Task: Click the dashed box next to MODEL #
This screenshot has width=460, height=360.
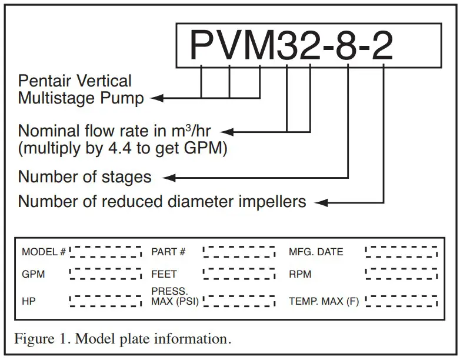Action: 106,252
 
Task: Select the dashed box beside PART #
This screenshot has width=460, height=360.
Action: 239,252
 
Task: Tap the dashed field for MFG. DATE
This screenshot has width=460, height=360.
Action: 401,252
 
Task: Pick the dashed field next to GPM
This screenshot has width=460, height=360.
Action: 106,274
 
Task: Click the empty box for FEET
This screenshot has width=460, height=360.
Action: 239,274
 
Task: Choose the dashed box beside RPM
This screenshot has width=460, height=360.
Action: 401,274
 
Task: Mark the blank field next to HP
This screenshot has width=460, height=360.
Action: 106,301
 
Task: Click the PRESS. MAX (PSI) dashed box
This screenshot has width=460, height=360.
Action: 239,301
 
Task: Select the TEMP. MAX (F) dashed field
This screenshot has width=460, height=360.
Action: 401,301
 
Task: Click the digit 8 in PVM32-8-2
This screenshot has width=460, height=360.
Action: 348,45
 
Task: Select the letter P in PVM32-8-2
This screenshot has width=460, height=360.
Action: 202,45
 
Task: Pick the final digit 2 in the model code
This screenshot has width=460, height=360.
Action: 382,45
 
